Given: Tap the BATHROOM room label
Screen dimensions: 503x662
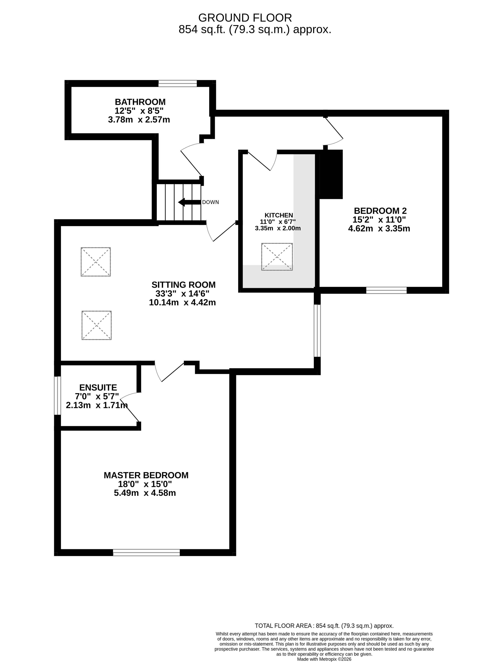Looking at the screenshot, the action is click(x=140, y=102).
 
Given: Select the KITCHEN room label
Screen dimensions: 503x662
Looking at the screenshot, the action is click(x=279, y=215).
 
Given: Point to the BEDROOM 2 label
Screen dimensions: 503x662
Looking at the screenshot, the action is click(x=380, y=211).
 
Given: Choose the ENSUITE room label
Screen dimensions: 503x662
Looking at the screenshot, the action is click(x=98, y=388).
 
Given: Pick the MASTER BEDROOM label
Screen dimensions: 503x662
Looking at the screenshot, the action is click(x=146, y=475).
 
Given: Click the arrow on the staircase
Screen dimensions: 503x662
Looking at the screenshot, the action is click(x=189, y=202).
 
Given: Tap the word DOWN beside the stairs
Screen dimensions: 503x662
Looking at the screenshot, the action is click(x=210, y=202).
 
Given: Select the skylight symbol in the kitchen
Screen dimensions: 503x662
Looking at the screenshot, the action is click(x=277, y=257).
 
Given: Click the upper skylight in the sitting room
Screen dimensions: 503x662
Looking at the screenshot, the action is click(x=96, y=262).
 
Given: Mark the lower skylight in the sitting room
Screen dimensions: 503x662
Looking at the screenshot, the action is click(x=96, y=325).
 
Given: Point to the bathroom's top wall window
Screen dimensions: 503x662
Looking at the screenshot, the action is click(x=178, y=83).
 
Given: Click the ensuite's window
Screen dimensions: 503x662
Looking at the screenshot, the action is click(x=58, y=396).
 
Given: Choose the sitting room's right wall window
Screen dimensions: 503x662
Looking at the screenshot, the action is click(x=317, y=331).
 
